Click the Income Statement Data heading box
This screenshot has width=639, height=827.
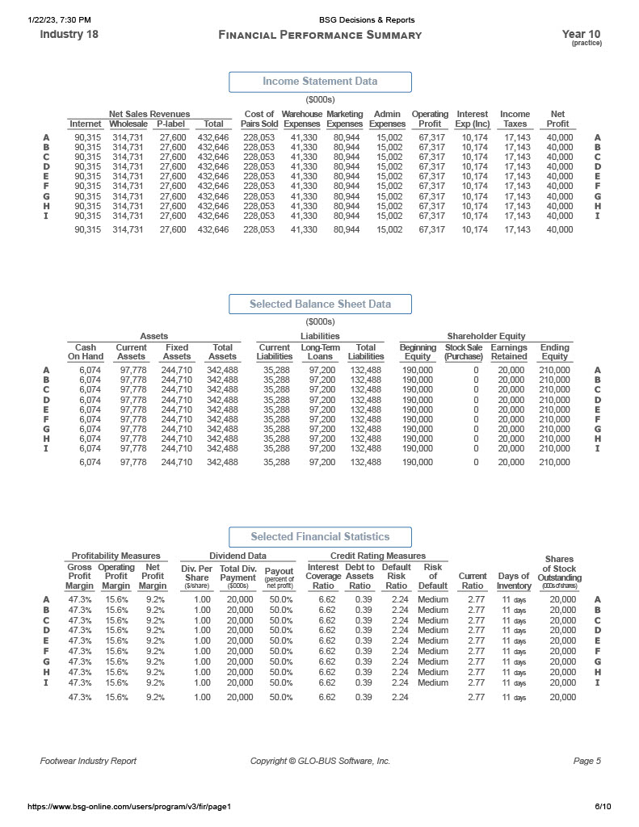click(320, 82)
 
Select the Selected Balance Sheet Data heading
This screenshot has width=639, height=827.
click(320, 304)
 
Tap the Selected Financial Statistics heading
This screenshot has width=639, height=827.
click(320, 537)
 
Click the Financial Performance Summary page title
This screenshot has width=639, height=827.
click(320, 35)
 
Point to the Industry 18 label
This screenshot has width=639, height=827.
click(64, 35)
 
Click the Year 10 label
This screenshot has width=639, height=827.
click(581, 35)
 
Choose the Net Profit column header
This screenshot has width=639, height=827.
click(557, 119)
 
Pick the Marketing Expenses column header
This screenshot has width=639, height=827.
click(344, 119)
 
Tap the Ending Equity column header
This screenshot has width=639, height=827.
click(554, 351)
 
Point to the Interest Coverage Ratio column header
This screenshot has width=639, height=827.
click(323, 577)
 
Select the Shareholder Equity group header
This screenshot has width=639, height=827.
click(486, 336)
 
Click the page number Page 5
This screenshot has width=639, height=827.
click(587, 761)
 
